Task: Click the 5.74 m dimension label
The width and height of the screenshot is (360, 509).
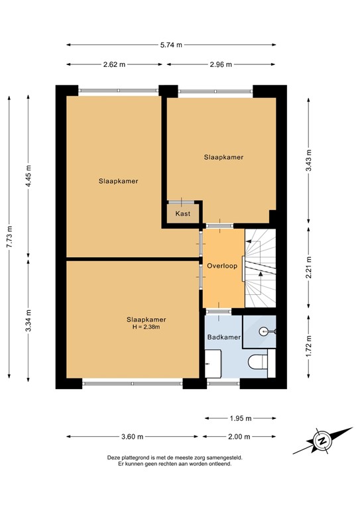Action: pyautogui.click(x=172, y=45)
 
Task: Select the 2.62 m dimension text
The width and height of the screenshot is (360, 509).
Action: pyautogui.click(x=114, y=64)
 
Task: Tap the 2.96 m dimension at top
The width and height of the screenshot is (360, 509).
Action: pyautogui.click(x=221, y=64)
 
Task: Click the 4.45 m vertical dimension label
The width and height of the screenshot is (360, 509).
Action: pyautogui.click(x=28, y=175)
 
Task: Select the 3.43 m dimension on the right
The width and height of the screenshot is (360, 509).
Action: pyautogui.click(x=308, y=159)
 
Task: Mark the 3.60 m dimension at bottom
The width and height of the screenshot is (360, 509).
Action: pyautogui.click(x=133, y=437)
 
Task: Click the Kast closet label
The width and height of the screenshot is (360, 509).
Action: pyautogui.click(x=183, y=213)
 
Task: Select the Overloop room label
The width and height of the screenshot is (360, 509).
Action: pyautogui.click(x=221, y=266)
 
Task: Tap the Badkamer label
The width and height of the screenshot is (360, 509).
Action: pyautogui.click(x=223, y=337)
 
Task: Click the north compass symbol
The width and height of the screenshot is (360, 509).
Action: pyautogui.click(x=322, y=441)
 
